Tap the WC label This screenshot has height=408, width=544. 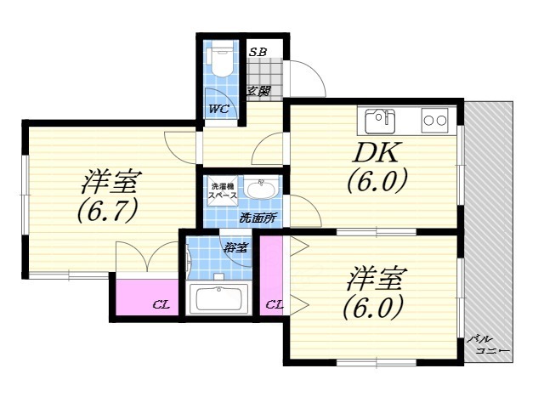tap(218, 109)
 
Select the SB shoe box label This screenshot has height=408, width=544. tap(258, 52)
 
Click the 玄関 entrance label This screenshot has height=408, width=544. tap(258, 91)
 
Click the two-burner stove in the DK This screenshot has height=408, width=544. tap(434, 120)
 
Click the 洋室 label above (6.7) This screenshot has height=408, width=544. tap(110, 182)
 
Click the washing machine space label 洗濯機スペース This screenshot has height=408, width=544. tap(223, 191)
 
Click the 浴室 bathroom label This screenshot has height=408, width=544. tap(235, 248)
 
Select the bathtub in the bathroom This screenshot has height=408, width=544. tap(218, 299)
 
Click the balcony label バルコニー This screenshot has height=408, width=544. tap(488, 344)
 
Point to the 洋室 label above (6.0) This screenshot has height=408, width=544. tap(377, 278)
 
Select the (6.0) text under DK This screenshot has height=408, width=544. tap(377, 181)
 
